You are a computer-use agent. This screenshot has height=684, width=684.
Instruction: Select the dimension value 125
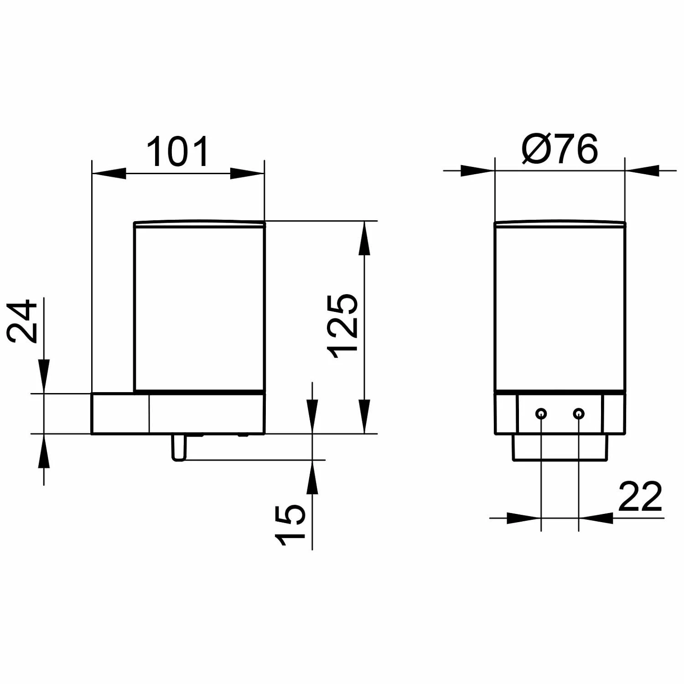point(343,326)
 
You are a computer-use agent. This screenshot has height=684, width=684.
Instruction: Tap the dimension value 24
point(22,321)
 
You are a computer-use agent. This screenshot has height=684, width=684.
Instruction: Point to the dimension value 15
point(290,524)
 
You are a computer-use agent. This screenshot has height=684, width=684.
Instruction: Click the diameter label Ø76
point(559,149)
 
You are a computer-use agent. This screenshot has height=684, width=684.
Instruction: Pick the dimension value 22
point(640,496)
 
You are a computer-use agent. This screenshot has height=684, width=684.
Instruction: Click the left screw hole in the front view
point(541,414)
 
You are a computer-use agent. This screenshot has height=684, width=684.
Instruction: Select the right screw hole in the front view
point(579,414)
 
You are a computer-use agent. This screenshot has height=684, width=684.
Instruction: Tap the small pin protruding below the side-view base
point(179,447)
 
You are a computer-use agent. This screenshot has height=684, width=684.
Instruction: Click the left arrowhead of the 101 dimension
point(109,173)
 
